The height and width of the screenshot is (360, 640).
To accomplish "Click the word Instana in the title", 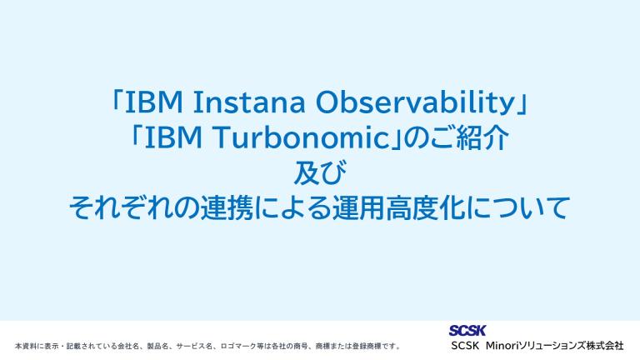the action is (249, 102).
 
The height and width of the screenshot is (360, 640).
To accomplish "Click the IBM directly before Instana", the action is (154, 102).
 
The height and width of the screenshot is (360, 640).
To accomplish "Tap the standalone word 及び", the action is (320, 172).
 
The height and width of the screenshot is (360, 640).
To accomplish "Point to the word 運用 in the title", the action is (359, 208).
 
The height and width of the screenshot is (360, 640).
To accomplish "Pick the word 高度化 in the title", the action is (425, 208).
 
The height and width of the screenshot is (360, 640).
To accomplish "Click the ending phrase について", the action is (517, 208).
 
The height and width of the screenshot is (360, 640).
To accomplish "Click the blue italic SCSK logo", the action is (467, 330).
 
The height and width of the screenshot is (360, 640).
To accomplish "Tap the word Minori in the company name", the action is (502, 346).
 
